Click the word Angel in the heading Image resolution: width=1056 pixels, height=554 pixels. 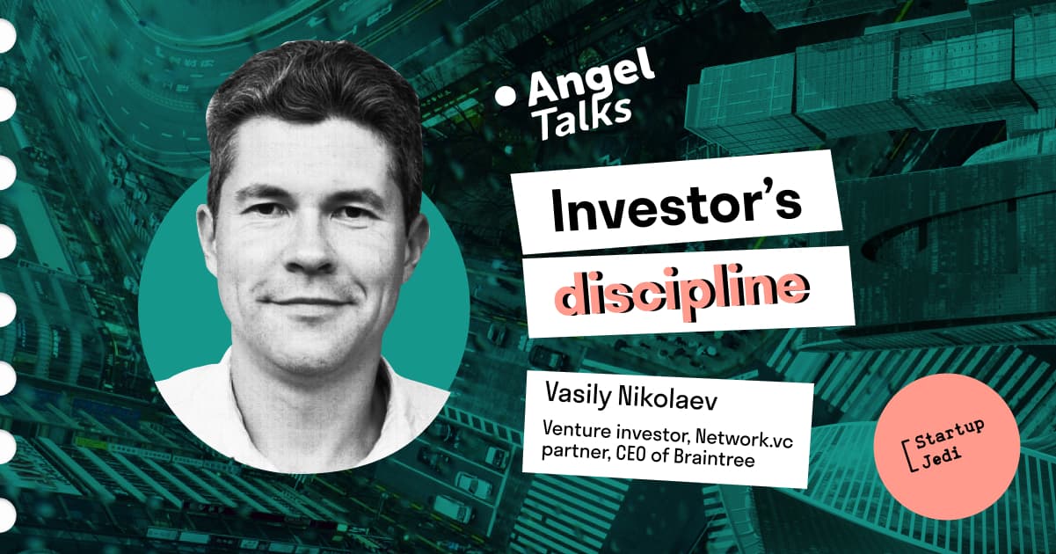(592, 82)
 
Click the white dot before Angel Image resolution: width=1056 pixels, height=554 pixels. (506, 96)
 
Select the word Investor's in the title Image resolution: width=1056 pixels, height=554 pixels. (676, 208)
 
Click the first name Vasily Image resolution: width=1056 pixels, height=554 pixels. (577, 394)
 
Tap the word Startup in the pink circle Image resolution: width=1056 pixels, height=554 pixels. (950, 434)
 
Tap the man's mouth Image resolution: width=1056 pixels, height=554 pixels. (308, 302)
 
